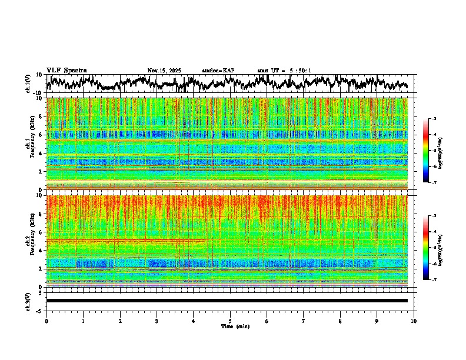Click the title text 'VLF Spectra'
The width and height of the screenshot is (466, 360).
point(66,70)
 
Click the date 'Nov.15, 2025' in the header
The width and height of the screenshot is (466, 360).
point(164,71)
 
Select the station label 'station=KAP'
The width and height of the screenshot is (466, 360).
point(218,71)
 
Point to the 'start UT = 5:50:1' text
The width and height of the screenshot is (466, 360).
point(284,71)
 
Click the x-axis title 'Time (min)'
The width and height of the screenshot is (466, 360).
point(235,326)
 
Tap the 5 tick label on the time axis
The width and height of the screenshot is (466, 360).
point(230,321)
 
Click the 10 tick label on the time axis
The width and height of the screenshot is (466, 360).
point(414,321)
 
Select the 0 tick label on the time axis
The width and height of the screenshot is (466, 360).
point(46,321)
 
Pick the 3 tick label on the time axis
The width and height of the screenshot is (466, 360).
point(157,321)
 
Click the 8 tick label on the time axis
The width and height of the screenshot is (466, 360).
point(340,321)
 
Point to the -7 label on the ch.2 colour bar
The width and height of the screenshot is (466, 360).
point(434,280)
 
